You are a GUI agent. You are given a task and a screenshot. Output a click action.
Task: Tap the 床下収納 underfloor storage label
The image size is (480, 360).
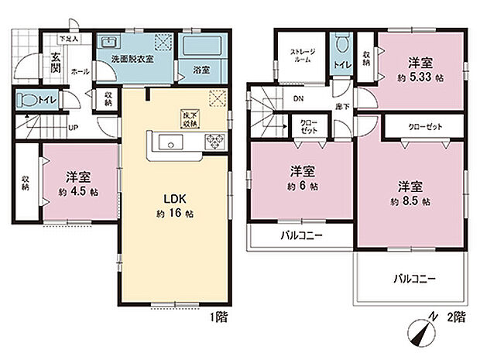click(188, 118)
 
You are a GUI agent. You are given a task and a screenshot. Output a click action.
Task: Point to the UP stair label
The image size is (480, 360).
click(72, 128)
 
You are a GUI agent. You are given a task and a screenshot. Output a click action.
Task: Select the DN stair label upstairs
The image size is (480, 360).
click(298, 99)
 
